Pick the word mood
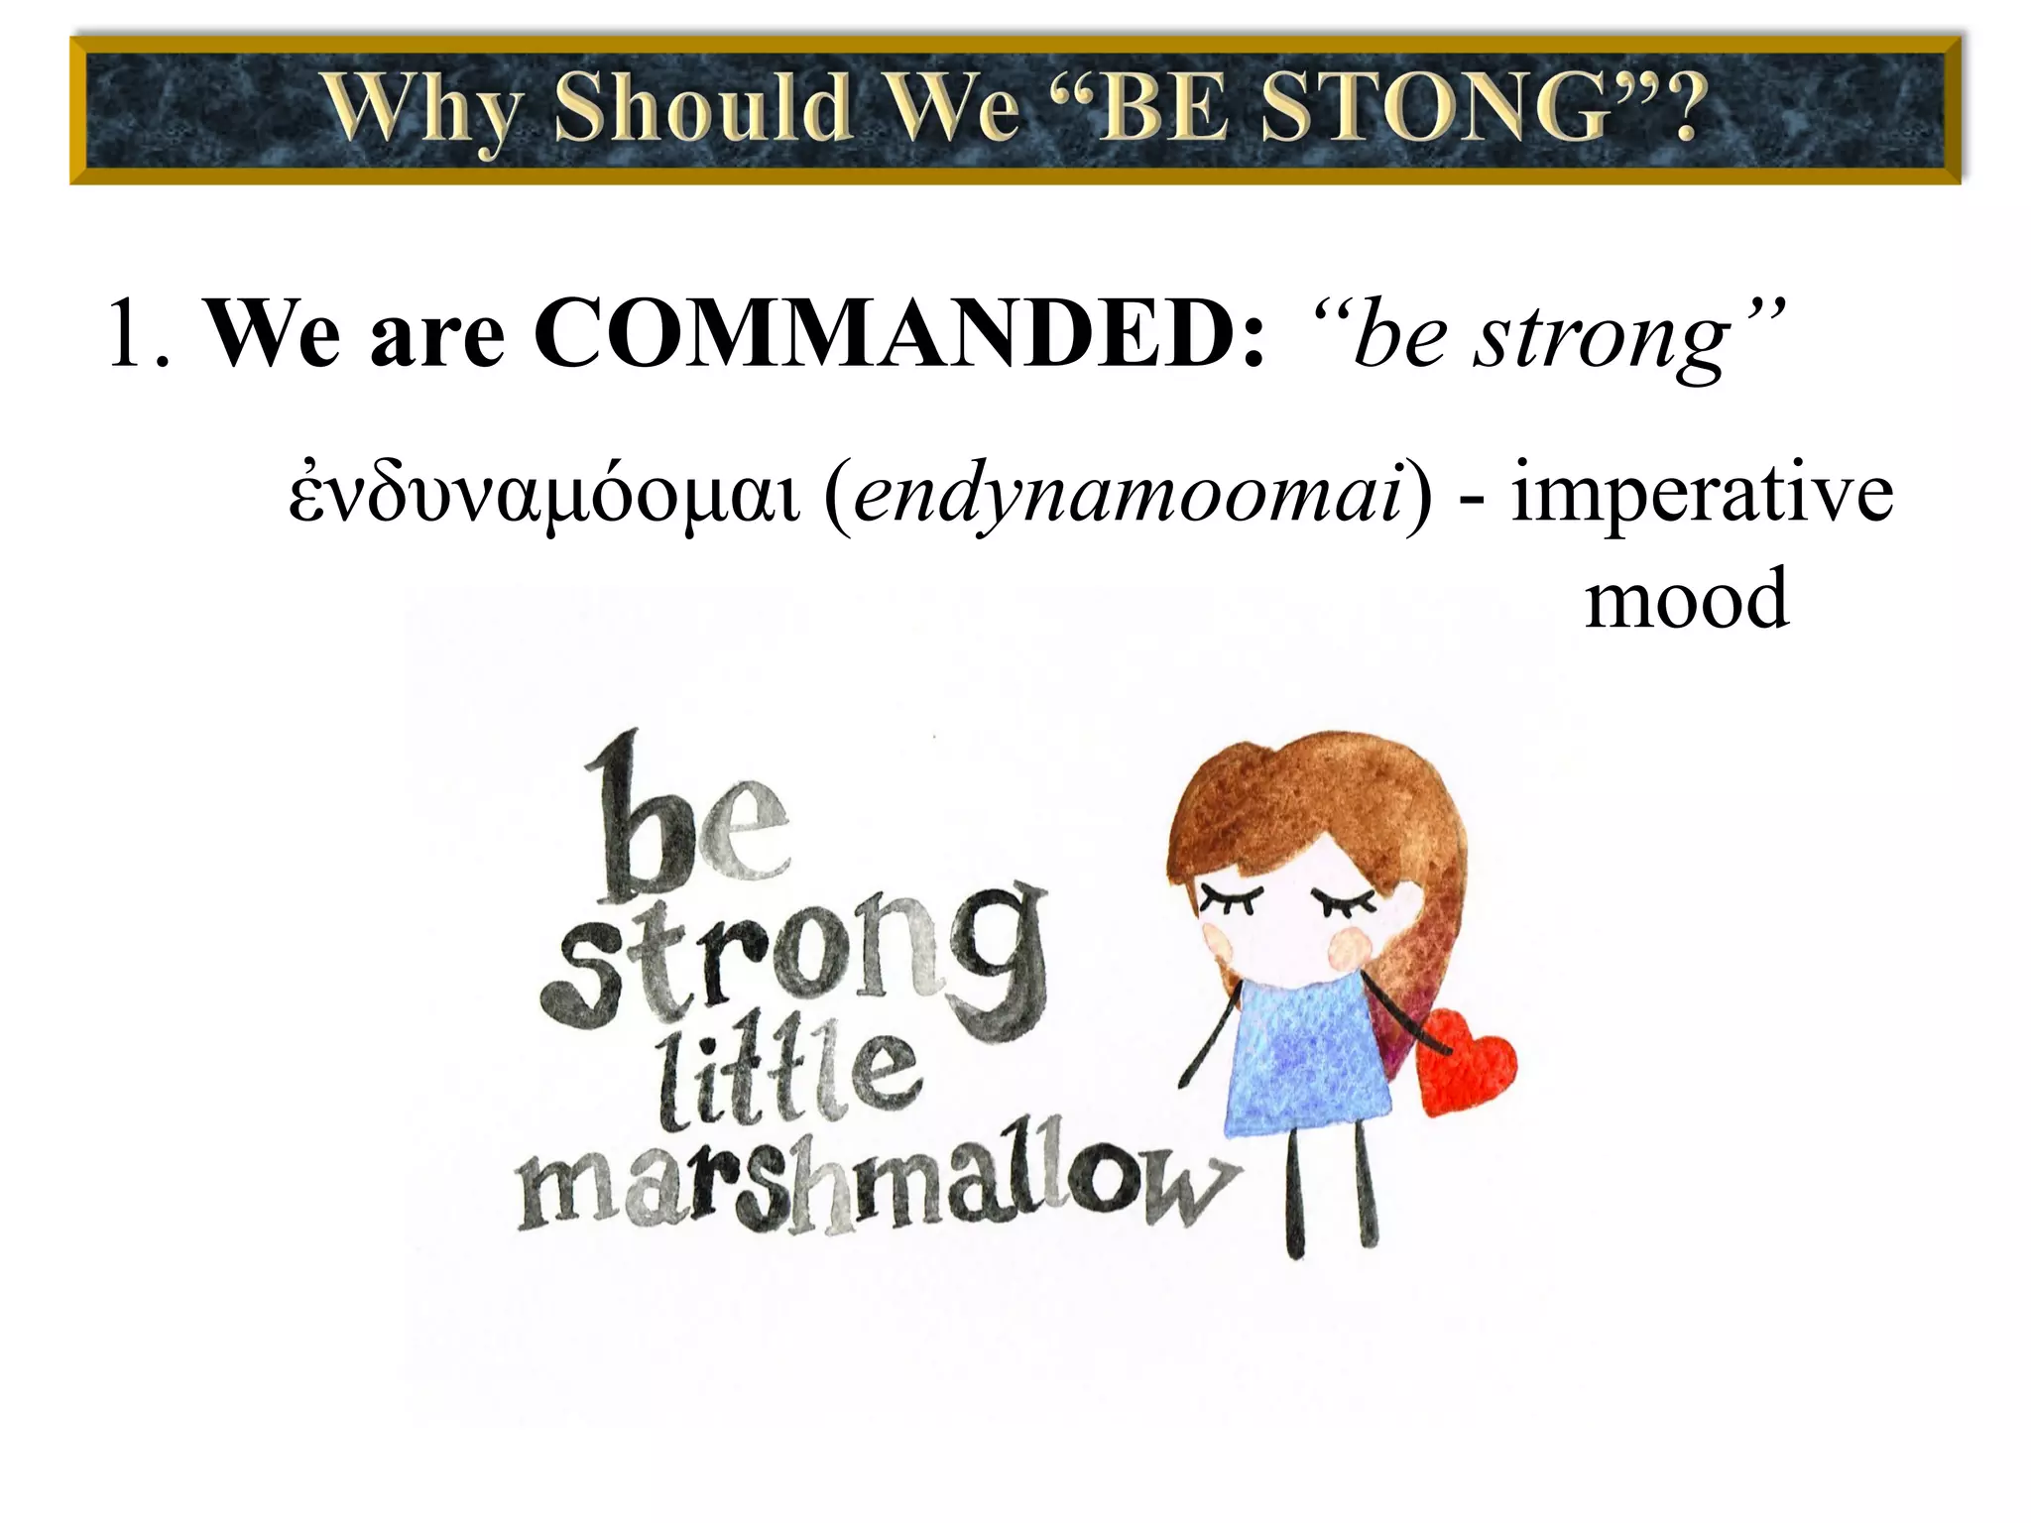(x=1687, y=599)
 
